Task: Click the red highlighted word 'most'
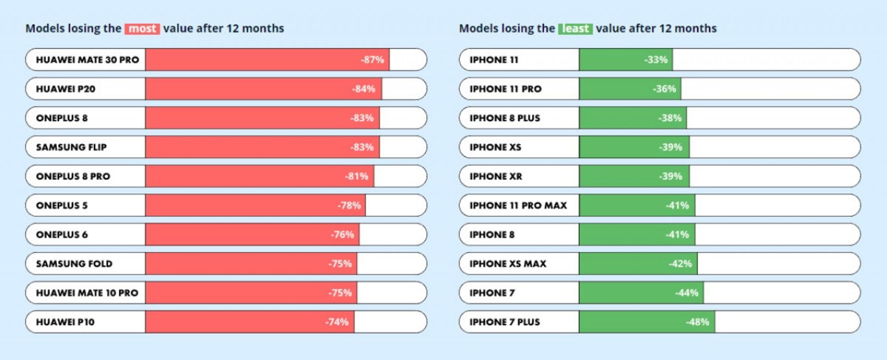click(142, 29)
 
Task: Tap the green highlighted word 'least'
click(575, 29)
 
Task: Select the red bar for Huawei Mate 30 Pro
click(267, 60)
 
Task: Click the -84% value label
click(364, 89)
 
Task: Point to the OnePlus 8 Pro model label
click(73, 176)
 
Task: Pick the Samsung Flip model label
click(71, 147)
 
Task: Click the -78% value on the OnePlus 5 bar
click(349, 205)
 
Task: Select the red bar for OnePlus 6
click(252, 234)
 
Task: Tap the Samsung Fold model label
click(74, 263)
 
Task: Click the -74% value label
click(337, 322)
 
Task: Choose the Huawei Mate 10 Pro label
click(87, 293)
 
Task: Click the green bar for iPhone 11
click(626, 60)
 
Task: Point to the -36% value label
click(664, 89)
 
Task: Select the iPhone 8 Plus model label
click(504, 118)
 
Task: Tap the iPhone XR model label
click(496, 176)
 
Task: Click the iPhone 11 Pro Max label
click(518, 205)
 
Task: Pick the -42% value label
click(680, 263)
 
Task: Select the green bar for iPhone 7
click(641, 293)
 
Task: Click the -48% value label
click(697, 322)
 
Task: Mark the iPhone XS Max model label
click(508, 263)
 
